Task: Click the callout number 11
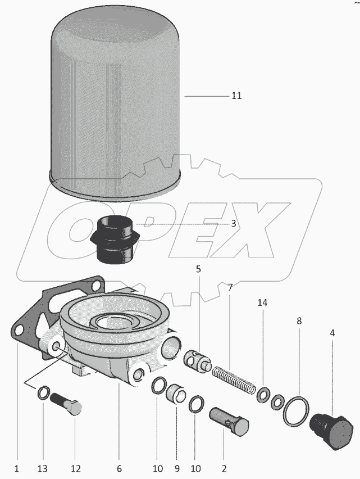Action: coord(236,96)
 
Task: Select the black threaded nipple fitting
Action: coord(116,239)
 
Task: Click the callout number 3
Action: coord(234,223)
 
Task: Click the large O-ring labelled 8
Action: coord(296,411)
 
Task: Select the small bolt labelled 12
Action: coord(66,403)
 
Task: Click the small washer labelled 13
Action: coord(43,392)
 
